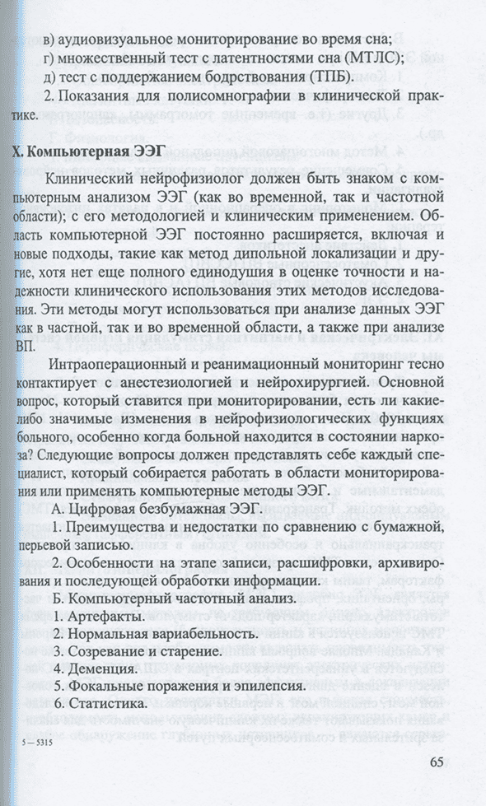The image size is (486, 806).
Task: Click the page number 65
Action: point(436,761)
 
